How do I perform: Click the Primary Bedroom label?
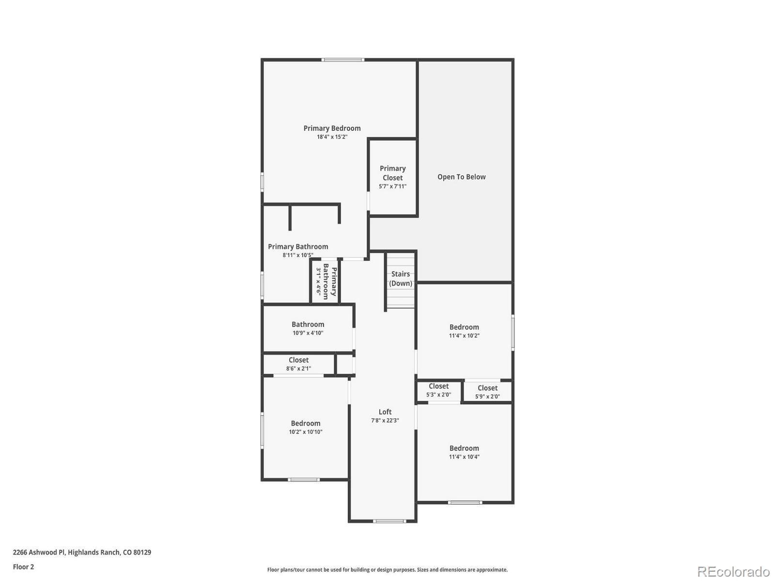(332, 128)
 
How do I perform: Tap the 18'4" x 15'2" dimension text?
(332, 137)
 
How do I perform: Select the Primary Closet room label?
(392, 173)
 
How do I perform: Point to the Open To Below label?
(461, 177)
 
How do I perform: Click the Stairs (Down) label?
(401, 278)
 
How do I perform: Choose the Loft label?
(385, 412)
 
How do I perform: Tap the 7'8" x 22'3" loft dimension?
(385, 421)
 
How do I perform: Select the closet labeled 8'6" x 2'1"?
(298, 364)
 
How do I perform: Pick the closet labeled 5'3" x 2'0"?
(438, 390)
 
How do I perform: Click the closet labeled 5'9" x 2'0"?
(487, 392)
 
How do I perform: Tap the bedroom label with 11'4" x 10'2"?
(464, 327)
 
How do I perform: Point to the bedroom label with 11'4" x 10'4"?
(464, 448)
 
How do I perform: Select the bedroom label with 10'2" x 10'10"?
(306, 424)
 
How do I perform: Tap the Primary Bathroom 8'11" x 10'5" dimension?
(298, 255)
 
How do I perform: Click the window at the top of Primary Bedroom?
(343, 60)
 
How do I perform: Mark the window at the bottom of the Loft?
(389, 521)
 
